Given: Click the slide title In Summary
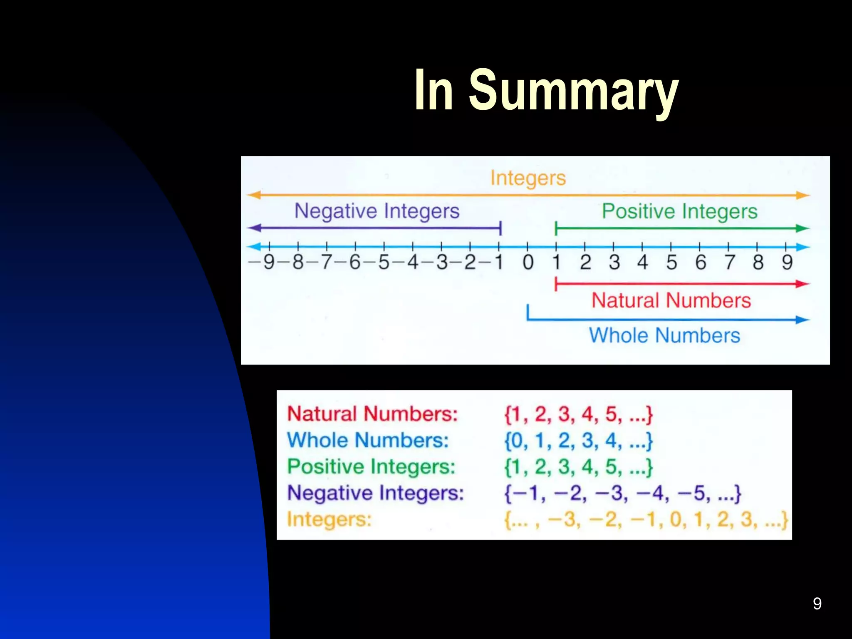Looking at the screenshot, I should pyautogui.click(x=546, y=91).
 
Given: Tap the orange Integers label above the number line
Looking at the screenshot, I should pyautogui.click(x=528, y=178).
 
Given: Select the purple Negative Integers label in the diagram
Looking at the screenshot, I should pyautogui.click(x=377, y=211).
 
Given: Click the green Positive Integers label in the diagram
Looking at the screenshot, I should pyautogui.click(x=679, y=211).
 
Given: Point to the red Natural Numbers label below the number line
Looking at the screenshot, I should pyautogui.click(x=671, y=300).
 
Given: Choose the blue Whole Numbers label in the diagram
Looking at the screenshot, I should pyautogui.click(x=664, y=335).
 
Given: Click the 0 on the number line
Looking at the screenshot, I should pyautogui.click(x=528, y=263).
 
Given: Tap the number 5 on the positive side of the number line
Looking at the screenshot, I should pyautogui.click(x=671, y=263).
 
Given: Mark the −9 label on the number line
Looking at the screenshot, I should pyautogui.click(x=263, y=263).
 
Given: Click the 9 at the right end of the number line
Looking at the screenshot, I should pyautogui.click(x=787, y=263).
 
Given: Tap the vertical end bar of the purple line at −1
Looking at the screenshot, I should pyautogui.click(x=500, y=228).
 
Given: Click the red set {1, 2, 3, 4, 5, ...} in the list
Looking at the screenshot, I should pyautogui.click(x=578, y=414).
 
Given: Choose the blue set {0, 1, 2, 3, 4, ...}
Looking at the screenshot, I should pyautogui.click(x=578, y=441).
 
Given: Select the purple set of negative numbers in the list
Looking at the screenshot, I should pyautogui.click(x=622, y=493).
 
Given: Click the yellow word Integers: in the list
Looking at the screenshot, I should pyautogui.click(x=329, y=520).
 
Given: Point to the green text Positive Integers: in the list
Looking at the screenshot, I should pyautogui.click(x=371, y=467).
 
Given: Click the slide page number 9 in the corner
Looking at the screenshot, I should pyautogui.click(x=817, y=604).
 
